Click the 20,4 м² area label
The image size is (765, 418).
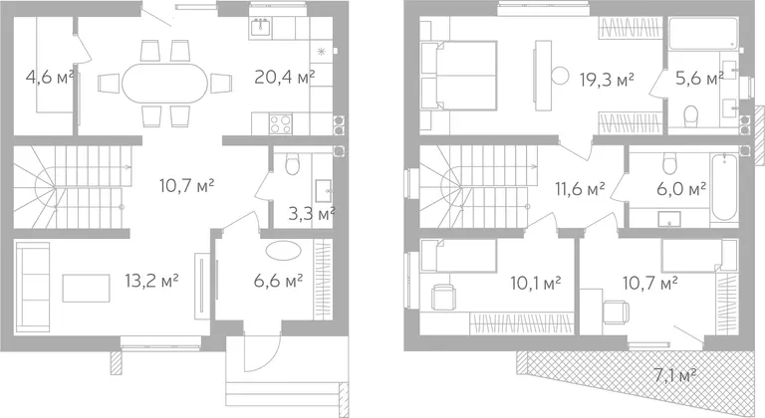[x=285, y=77]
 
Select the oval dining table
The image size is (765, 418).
[x=165, y=83]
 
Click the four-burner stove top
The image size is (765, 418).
[x=281, y=123]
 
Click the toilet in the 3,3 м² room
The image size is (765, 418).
[x=292, y=165]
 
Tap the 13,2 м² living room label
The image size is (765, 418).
[x=151, y=281]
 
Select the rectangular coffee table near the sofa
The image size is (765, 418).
[x=86, y=289]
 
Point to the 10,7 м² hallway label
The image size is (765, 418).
[x=187, y=186]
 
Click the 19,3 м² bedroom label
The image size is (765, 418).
[x=607, y=79]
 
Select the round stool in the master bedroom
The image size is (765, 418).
[x=560, y=76]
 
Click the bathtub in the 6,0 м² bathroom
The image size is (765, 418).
[x=723, y=186]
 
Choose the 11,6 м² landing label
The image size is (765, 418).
[x=580, y=188]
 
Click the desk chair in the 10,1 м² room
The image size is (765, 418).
[x=443, y=297]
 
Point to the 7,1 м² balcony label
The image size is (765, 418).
[x=674, y=376]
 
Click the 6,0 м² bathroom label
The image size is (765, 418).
[x=681, y=188]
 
